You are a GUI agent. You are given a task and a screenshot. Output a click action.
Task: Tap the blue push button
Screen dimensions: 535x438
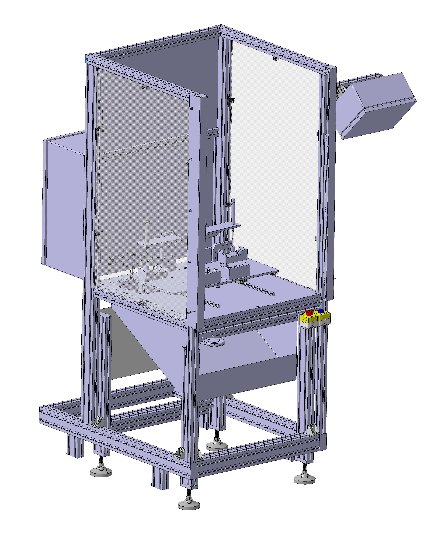point(321,311)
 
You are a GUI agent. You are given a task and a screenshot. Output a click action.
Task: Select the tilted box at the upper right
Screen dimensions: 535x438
point(376,106)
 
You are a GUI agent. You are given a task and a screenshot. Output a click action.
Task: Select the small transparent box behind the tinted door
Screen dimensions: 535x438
point(121,267)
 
